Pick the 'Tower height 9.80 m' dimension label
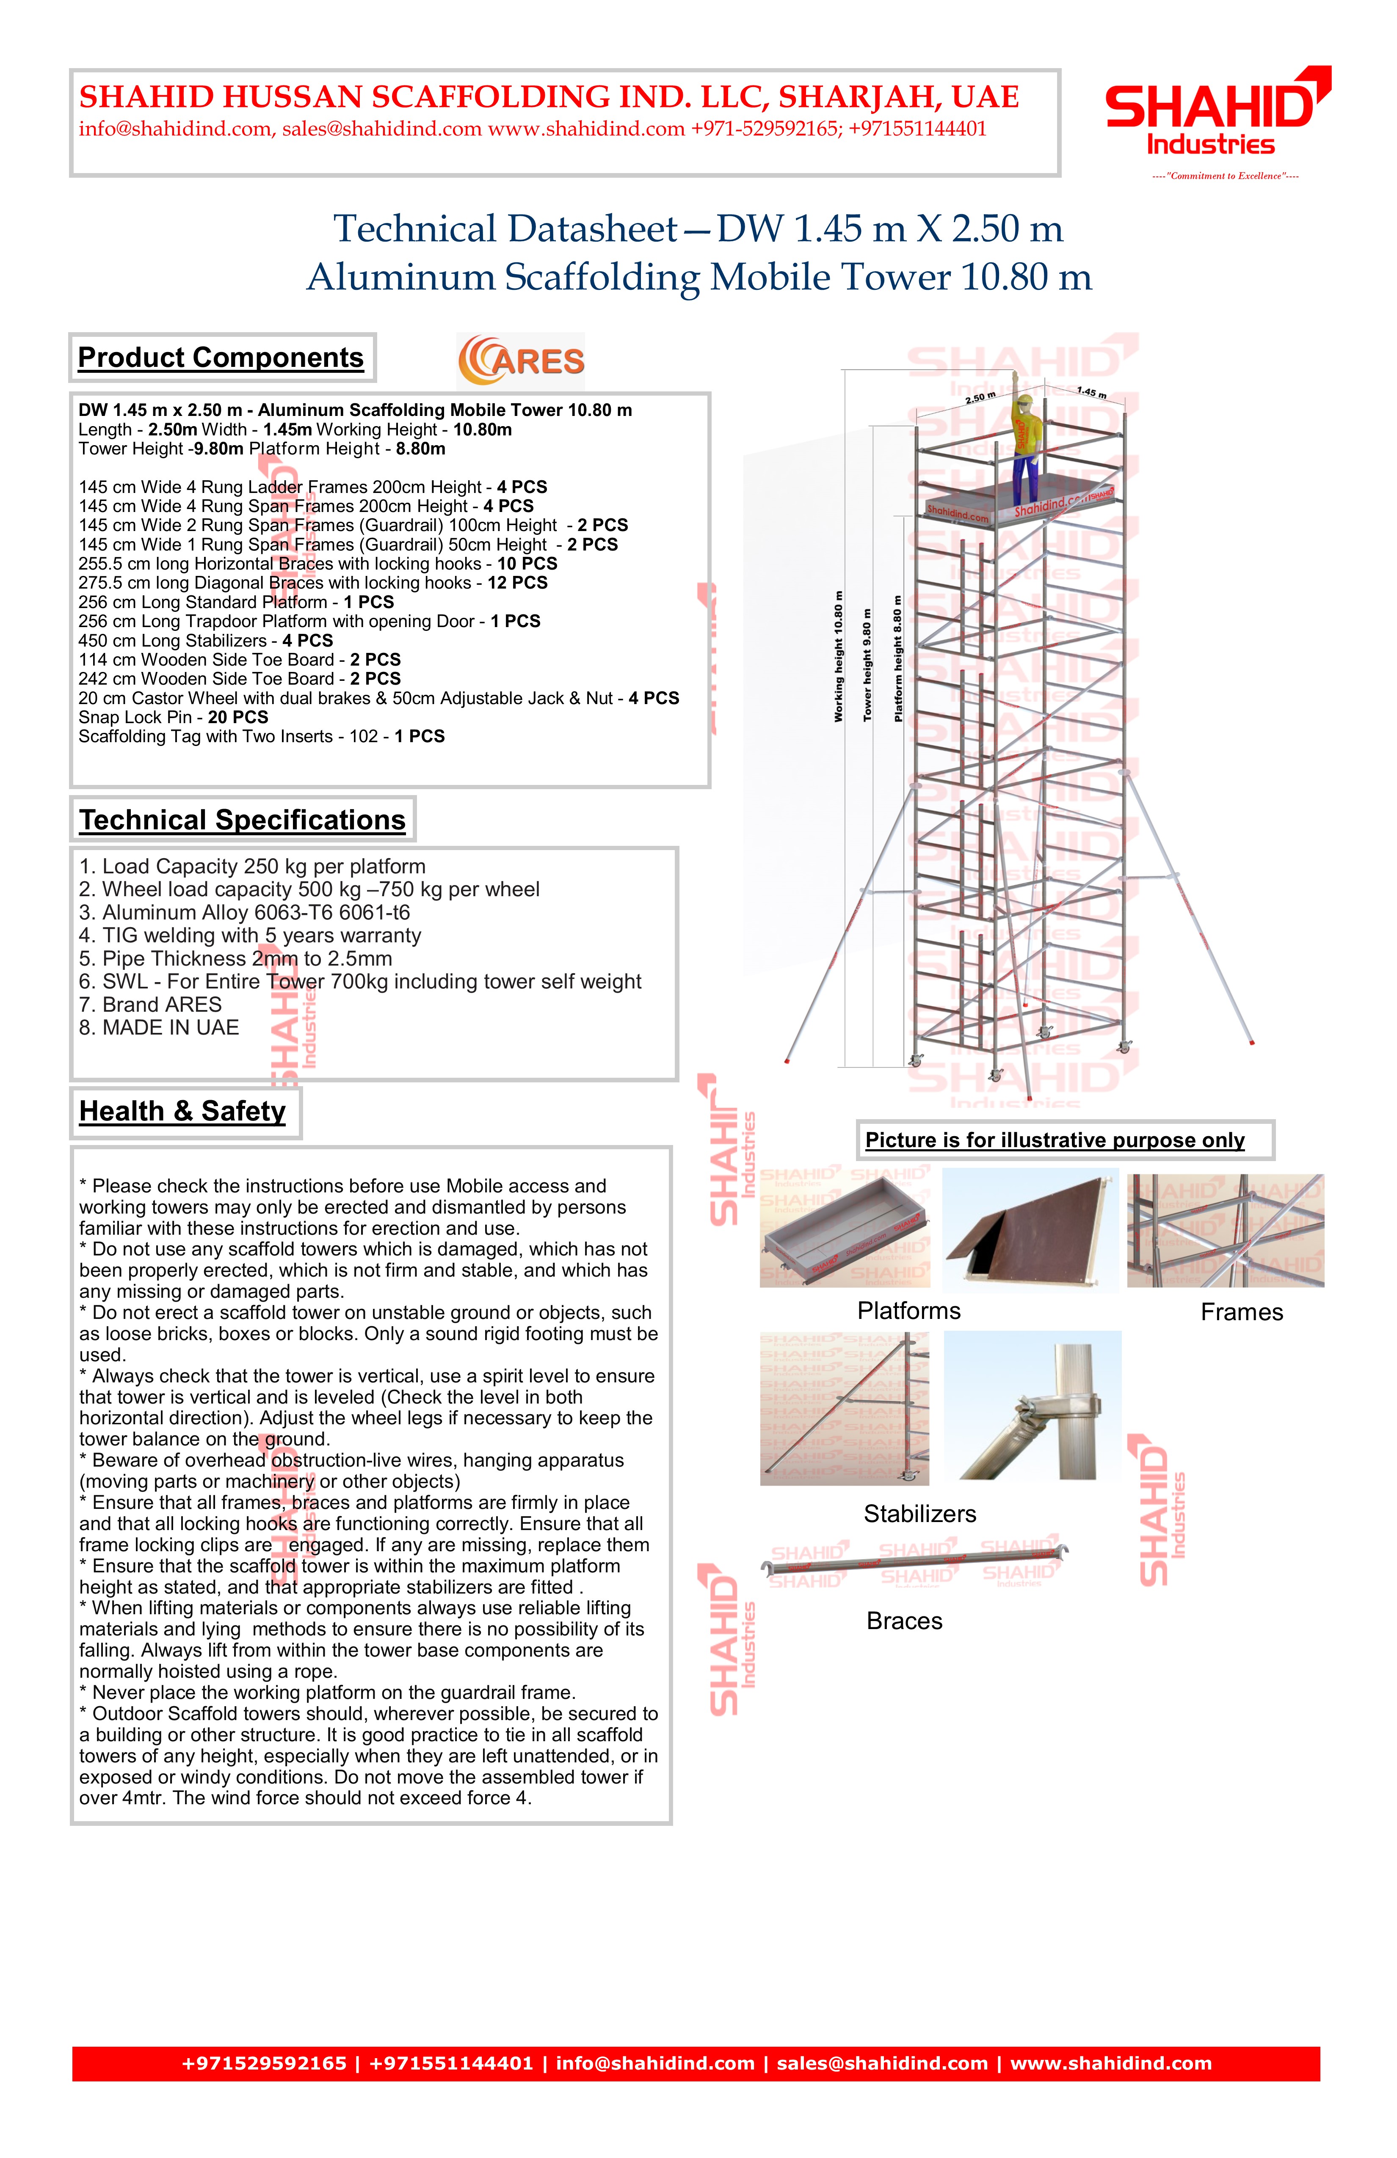pyautogui.click(x=868, y=666)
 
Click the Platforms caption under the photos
pyautogui.click(x=909, y=1311)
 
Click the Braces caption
pyautogui.click(x=904, y=1621)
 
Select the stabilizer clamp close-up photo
pyautogui.click(x=1033, y=1405)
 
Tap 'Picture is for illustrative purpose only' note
pyautogui.click(x=1055, y=1141)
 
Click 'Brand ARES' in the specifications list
pyautogui.click(x=151, y=1005)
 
